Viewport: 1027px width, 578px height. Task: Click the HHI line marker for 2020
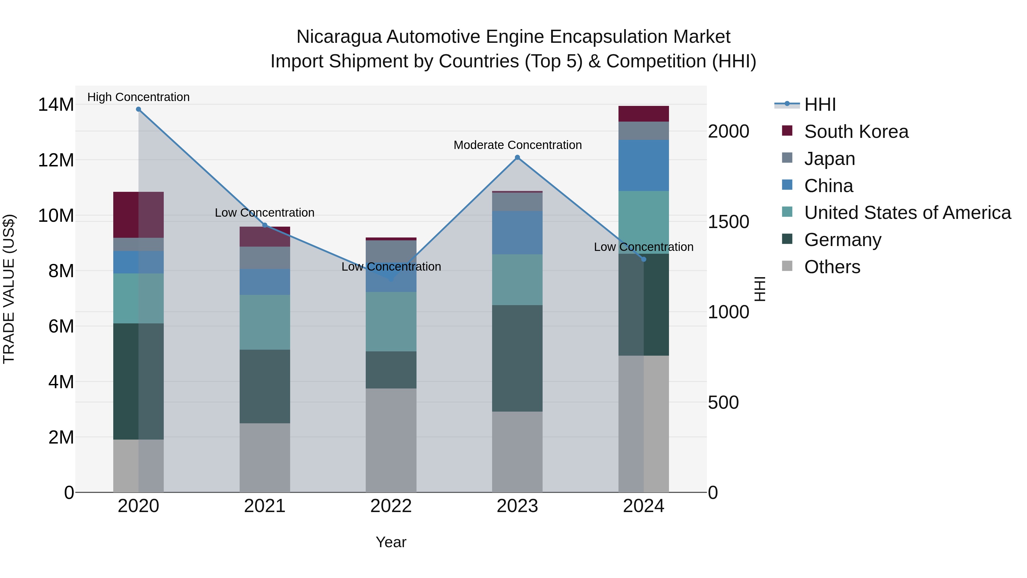pyautogui.click(x=138, y=109)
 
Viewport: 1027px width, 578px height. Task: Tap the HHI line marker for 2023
pyautogui.click(x=517, y=158)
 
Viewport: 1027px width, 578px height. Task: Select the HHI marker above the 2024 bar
pyautogui.click(x=644, y=259)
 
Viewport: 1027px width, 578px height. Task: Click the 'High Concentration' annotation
pyautogui.click(x=138, y=97)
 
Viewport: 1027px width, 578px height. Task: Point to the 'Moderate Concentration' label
pyautogui.click(x=517, y=145)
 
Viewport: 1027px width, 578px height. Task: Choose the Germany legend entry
pyautogui.click(x=842, y=240)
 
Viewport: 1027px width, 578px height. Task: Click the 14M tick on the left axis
pyautogui.click(x=56, y=105)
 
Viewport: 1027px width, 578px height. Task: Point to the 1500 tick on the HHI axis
pyautogui.click(x=728, y=222)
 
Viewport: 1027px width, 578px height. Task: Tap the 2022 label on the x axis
pyautogui.click(x=391, y=506)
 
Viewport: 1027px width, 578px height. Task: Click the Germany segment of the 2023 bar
pyautogui.click(x=517, y=358)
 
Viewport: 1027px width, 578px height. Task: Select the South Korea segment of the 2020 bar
pyautogui.click(x=138, y=215)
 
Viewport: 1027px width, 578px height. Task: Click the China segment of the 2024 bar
pyautogui.click(x=644, y=165)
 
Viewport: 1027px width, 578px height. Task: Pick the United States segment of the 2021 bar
pyautogui.click(x=265, y=322)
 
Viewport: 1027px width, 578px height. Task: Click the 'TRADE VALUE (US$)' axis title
pyautogui.click(x=9, y=289)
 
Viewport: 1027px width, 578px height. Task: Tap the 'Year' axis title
pyautogui.click(x=391, y=542)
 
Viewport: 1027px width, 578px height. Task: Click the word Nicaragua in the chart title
pyautogui.click(x=339, y=37)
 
